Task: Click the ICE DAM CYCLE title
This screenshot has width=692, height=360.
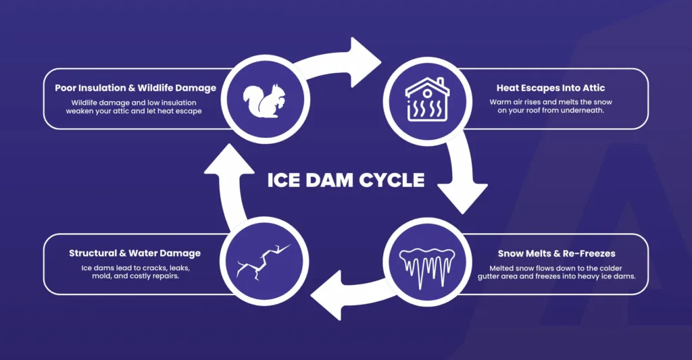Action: [346, 180]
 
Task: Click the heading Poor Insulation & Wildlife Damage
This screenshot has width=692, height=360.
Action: [136, 88]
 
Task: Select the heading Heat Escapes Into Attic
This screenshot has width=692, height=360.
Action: [551, 88]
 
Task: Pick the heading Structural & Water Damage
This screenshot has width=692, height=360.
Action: [134, 254]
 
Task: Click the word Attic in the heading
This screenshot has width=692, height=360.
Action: [592, 88]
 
